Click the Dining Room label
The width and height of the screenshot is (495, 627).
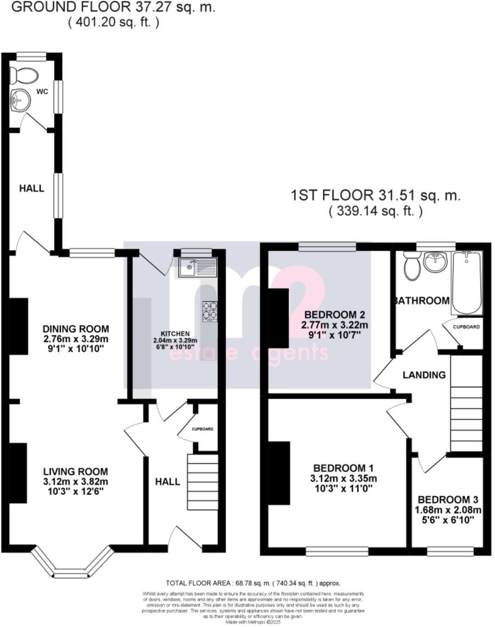(76, 329)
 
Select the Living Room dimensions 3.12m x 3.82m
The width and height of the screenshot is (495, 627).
(76, 482)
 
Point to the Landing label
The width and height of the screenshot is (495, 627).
(424, 375)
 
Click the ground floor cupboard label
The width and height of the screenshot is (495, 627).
(202, 429)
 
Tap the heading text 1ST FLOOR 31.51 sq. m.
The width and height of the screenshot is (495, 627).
(375, 196)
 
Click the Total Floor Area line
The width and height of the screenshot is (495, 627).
(253, 583)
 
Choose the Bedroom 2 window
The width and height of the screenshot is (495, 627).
(327, 247)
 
